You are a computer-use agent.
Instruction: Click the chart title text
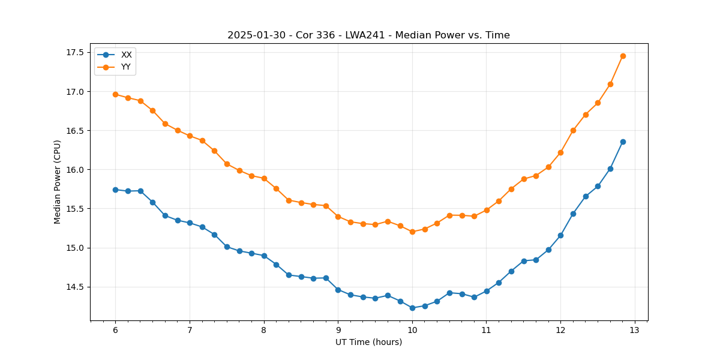(x=368, y=35)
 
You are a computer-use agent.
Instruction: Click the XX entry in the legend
(x=126, y=55)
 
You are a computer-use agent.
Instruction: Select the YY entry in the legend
(x=126, y=67)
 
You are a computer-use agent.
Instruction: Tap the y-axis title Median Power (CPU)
(x=58, y=182)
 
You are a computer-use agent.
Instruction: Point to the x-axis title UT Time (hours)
(x=368, y=342)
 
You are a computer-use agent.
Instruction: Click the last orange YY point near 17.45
(x=623, y=56)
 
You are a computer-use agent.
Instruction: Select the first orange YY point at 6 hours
(x=115, y=94)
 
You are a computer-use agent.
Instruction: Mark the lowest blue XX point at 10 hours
(x=412, y=308)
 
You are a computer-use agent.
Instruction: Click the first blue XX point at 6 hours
(x=115, y=190)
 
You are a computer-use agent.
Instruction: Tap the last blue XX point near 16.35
(x=623, y=142)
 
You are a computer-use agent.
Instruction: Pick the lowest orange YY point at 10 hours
(x=412, y=232)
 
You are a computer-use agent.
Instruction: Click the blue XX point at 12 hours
(x=560, y=235)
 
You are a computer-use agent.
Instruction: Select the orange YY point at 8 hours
(x=264, y=178)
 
